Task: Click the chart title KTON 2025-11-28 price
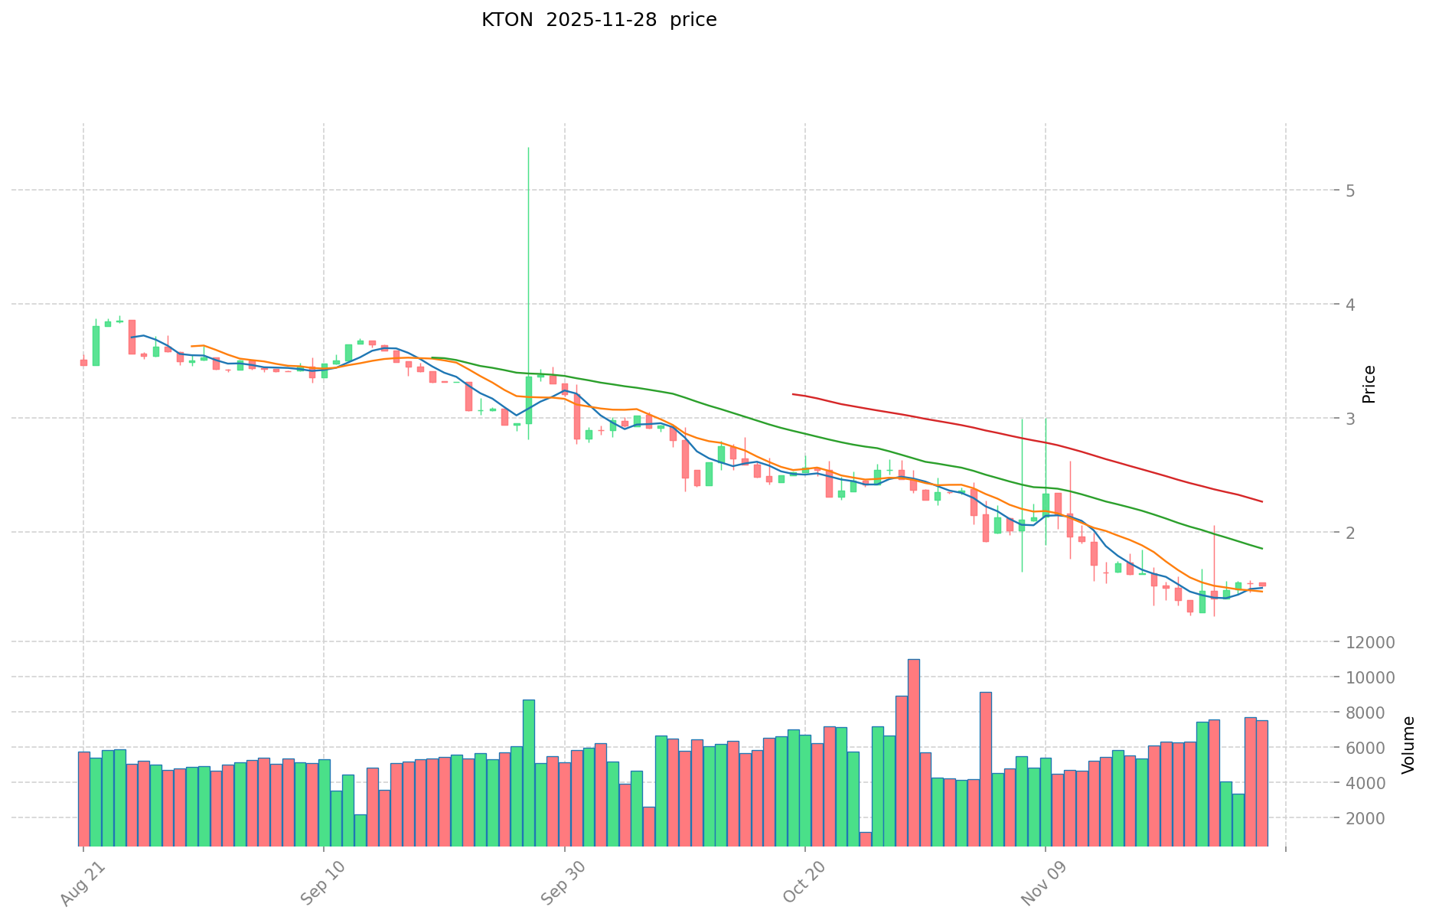click(599, 20)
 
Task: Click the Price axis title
click(1369, 384)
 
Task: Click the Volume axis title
click(1408, 745)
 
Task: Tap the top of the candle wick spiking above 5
click(528, 148)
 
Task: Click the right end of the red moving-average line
click(1262, 502)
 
